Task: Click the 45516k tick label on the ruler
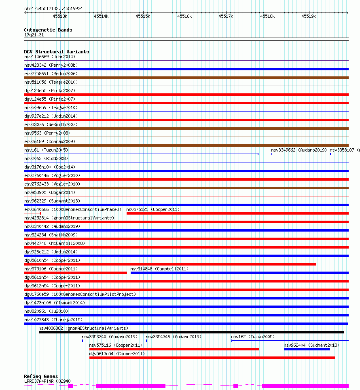click(x=184, y=16)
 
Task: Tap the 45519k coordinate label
click(x=309, y=16)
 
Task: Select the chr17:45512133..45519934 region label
click(x=53, y=8)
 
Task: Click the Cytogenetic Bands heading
click(x=48, y=30)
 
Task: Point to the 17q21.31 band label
click(x=34, y=35)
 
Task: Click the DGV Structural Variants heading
click(x=56, y=52)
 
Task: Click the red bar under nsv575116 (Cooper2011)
click(x=174, y=349)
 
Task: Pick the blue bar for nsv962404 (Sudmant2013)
click(x=307, y=349)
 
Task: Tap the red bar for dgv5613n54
click(x=212, y=358)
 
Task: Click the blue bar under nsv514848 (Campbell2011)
click(x=239, y=273)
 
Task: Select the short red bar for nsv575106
click(x=75, y=273)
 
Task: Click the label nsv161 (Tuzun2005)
click(x=46, y=150)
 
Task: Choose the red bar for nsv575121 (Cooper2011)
click(x=237, y=213)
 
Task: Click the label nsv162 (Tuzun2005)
click(x=253, y=337)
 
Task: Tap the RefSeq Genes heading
click(x=41, y=376)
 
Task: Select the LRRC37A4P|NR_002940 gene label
click(x=47, y=381)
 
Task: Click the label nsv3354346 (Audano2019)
click(x=173, y=337)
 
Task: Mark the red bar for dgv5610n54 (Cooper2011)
click(x=170, y=264)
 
